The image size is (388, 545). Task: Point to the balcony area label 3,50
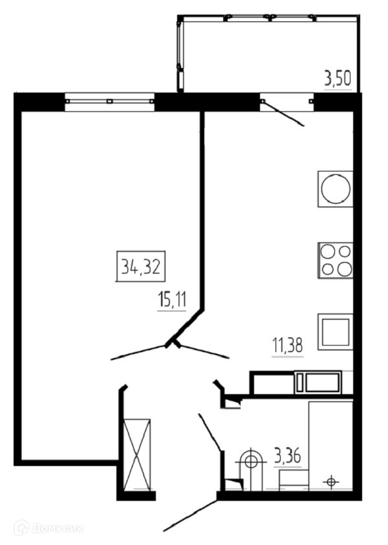[x=337, y=79]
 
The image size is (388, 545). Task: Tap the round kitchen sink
[x=336, y=189]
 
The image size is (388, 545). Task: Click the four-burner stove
[x=336, y=260]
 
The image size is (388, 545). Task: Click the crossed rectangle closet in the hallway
[x=136, y=453]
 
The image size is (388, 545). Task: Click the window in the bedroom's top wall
[x=110, y=100]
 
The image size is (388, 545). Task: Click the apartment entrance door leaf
[x=191, y=515]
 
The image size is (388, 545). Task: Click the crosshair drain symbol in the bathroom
[x=332, y=481]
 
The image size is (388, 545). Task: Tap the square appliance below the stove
[x=335, y=331]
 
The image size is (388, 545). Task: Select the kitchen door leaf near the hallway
[x=204, y=350]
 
